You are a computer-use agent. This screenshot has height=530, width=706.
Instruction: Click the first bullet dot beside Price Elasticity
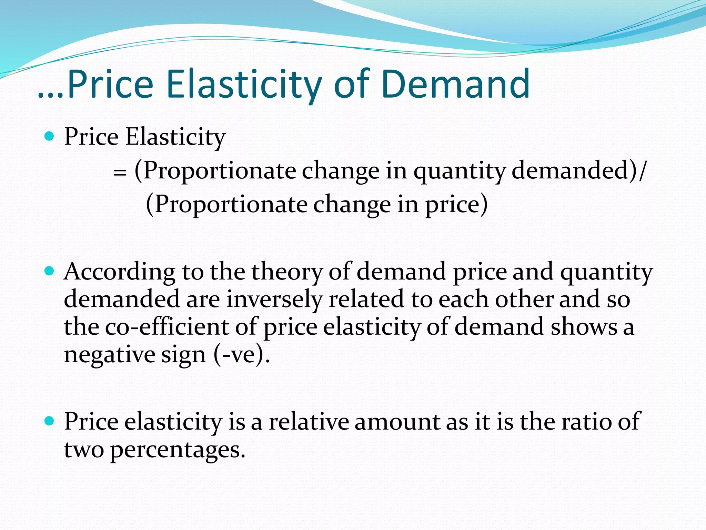tap(50, 136)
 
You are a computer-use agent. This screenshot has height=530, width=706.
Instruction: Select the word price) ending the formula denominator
tap(456, 205)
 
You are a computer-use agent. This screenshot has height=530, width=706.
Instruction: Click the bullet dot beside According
tap(50, 271)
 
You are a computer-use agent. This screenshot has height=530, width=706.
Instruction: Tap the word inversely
tap(274, 299)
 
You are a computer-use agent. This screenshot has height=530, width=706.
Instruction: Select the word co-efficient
tap(167, 327)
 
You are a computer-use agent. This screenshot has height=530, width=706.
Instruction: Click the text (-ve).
tap(242, 354)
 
